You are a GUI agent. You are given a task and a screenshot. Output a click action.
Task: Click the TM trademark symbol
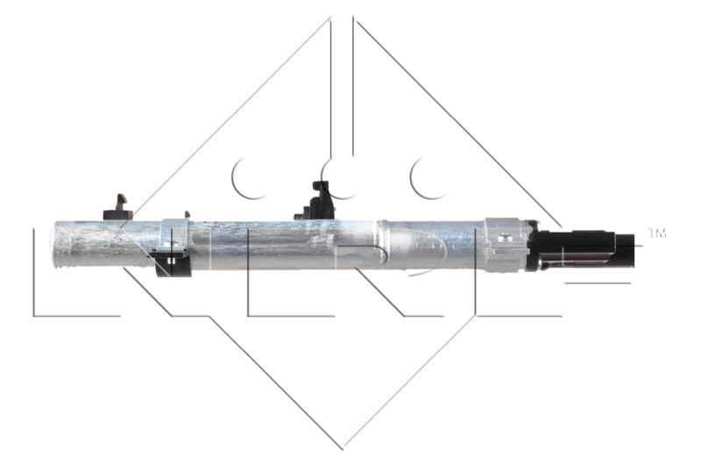[x=656, y=233]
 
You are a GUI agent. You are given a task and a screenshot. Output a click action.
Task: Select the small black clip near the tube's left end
[x=117, y=207]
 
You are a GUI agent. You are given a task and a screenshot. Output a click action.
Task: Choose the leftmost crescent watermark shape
[x=248, y=176]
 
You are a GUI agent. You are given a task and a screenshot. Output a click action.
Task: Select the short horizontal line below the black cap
[x=597, y=283]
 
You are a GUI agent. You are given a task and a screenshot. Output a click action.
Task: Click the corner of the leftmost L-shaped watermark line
[x=35, y=314]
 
